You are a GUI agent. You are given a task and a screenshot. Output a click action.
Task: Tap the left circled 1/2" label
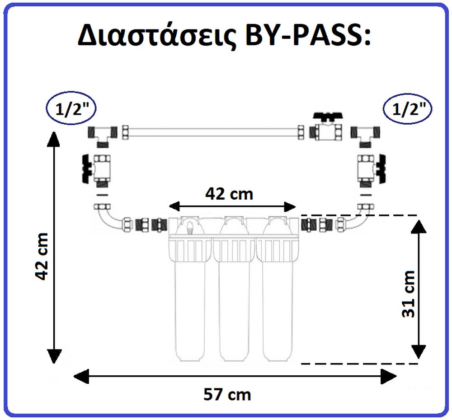click(71, 108)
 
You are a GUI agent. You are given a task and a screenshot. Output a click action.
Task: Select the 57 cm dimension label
click(227, 394)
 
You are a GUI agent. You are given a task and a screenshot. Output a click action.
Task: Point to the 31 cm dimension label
click(408, 294)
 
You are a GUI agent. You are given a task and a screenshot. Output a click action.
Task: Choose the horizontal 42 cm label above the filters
click(229, 194)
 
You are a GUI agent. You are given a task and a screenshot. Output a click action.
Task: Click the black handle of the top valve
click(328, 117)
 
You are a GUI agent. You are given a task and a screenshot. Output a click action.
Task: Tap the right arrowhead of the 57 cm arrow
click(389, 376)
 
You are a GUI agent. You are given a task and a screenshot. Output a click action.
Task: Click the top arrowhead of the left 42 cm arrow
click(54, 139)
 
